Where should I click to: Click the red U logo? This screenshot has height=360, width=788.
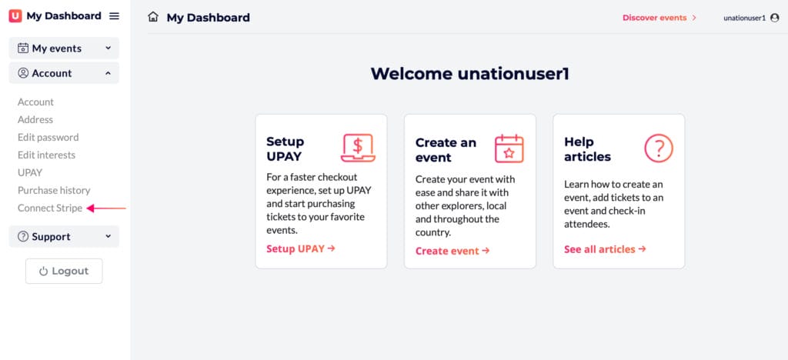[15, 16]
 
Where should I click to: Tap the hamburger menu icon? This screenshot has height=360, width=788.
[115, 16]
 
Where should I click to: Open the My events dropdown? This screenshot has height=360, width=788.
[64, 48]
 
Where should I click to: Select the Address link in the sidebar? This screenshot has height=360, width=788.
[35, 119]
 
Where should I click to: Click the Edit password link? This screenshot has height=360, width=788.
[48, 137]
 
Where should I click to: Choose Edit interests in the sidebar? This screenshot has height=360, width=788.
[46, 155]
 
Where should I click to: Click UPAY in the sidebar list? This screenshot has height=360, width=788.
[30, 173]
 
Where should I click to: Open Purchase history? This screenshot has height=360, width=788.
[54, 190]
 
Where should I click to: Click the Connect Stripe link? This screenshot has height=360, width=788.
[50, 208]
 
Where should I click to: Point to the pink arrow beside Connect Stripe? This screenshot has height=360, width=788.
[106, 208]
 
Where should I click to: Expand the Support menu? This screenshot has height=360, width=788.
[64, 236]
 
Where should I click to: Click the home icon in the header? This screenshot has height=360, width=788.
[153, 17]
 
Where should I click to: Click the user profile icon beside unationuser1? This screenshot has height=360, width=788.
[774, 18]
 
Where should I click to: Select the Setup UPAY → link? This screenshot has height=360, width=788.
[301, 248]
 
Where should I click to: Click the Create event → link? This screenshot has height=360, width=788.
[452, 251]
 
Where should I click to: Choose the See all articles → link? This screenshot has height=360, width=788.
[605, 249]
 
